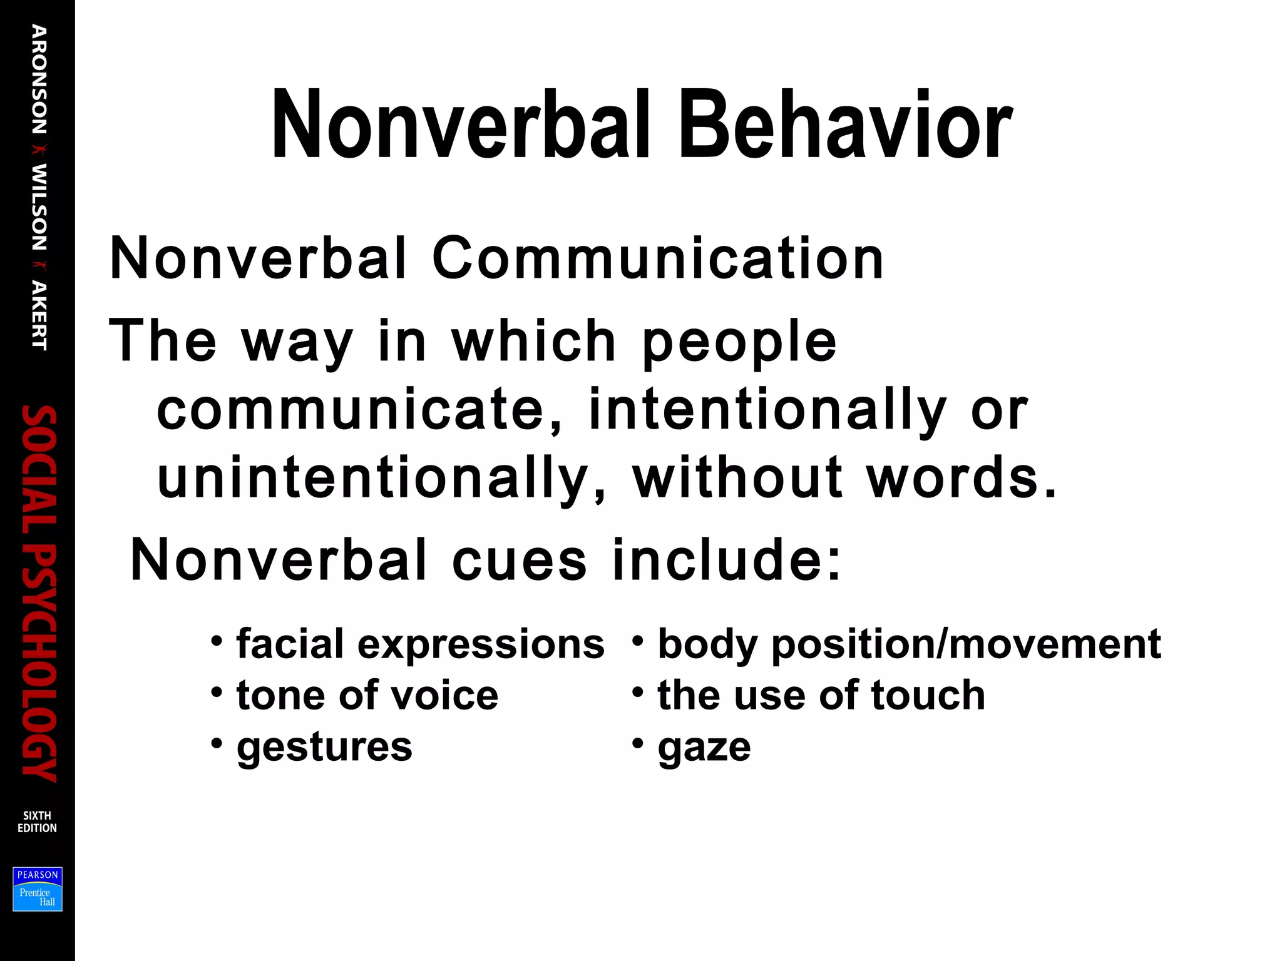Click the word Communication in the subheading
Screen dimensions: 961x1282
(657, 258)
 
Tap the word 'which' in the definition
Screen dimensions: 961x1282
(534, 341)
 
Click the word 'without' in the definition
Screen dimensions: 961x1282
(737, 477)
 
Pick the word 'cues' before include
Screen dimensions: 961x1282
(519, 559)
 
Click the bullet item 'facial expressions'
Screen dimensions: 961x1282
(420, 644)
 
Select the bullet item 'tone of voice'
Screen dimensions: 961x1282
(367, 695)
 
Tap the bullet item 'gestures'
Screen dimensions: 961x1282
(324, 747)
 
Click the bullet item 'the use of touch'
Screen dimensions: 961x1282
(821, 695)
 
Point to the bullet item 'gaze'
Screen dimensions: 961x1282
(704, 747)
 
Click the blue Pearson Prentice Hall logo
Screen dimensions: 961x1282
(38, 889)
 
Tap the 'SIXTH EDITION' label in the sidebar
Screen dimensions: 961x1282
(37, 821)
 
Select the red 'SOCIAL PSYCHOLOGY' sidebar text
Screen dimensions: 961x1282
(39, 593)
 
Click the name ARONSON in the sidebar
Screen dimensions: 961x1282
(39, 79)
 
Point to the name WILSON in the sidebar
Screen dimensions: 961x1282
(39, 207)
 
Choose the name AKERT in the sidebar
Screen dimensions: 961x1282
(39, 315)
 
